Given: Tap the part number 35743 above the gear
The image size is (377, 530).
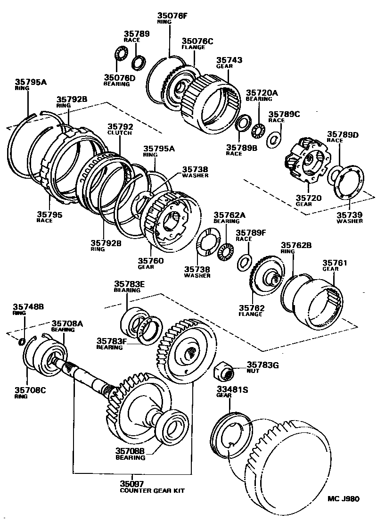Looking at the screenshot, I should click(229, 60).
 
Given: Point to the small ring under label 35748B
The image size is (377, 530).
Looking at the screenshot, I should click(22, 341).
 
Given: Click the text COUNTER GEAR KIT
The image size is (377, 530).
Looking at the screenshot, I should click(152, 491).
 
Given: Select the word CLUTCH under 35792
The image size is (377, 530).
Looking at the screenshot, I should click(120, 133).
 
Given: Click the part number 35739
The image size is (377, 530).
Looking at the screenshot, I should click(349, 215).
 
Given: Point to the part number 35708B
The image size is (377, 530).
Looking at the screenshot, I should click(131, 451).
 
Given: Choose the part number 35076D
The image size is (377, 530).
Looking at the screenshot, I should click(120, 77).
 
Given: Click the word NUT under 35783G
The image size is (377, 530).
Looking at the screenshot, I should click(253, 371).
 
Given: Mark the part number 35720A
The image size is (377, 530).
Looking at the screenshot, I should click(259, 93).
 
